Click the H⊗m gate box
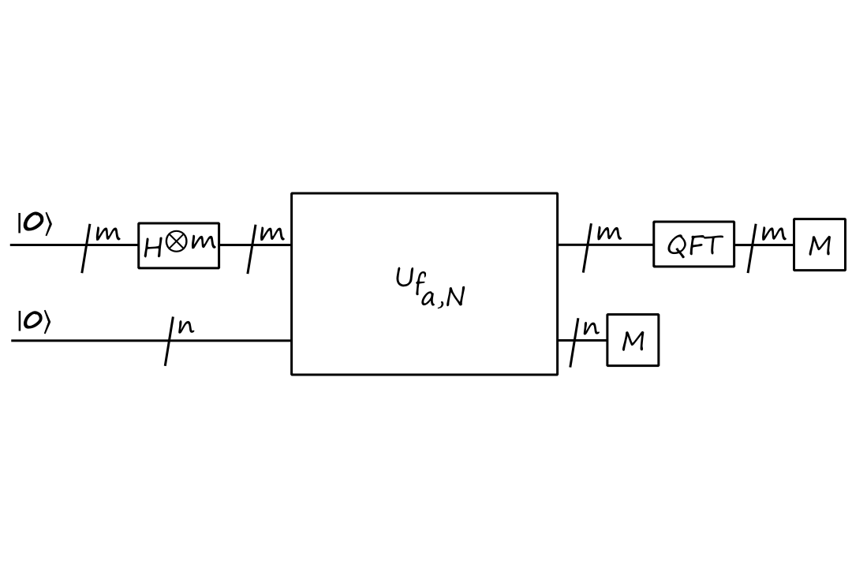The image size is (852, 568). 179,245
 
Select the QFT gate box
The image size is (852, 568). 693,245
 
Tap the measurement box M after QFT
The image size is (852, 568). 820,245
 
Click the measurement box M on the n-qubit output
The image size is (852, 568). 633,341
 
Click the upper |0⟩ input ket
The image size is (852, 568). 34,223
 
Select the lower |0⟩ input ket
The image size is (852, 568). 34,321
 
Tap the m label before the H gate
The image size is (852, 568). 108,234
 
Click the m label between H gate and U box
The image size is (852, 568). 272,233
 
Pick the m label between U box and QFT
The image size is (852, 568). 608,233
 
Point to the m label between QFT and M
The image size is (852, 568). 773,234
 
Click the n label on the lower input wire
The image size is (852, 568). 186,326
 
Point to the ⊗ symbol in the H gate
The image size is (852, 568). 177,242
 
